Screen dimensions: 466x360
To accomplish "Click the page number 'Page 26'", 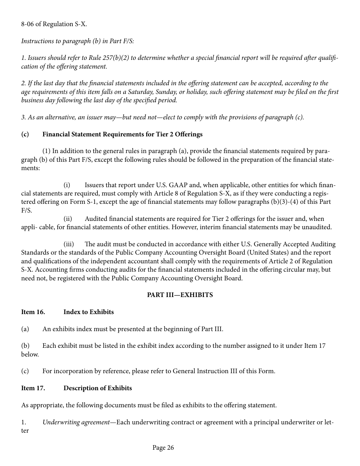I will [x=163, y=448].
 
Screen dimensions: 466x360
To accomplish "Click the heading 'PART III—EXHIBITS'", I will [x=180, y=295].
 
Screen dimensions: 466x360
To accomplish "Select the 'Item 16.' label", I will [x=33, y=312].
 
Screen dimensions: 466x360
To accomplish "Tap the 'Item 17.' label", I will [x=33, y=388].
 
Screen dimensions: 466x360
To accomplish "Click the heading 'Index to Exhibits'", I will [x=89, y=312].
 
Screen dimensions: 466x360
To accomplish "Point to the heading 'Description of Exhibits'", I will [x=98, y=388].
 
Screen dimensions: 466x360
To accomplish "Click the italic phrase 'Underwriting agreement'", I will [x=76, y=422].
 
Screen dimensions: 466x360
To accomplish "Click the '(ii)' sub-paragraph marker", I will [x=68, y=219].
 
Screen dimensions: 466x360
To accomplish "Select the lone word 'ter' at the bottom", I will [x=25, y=431].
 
